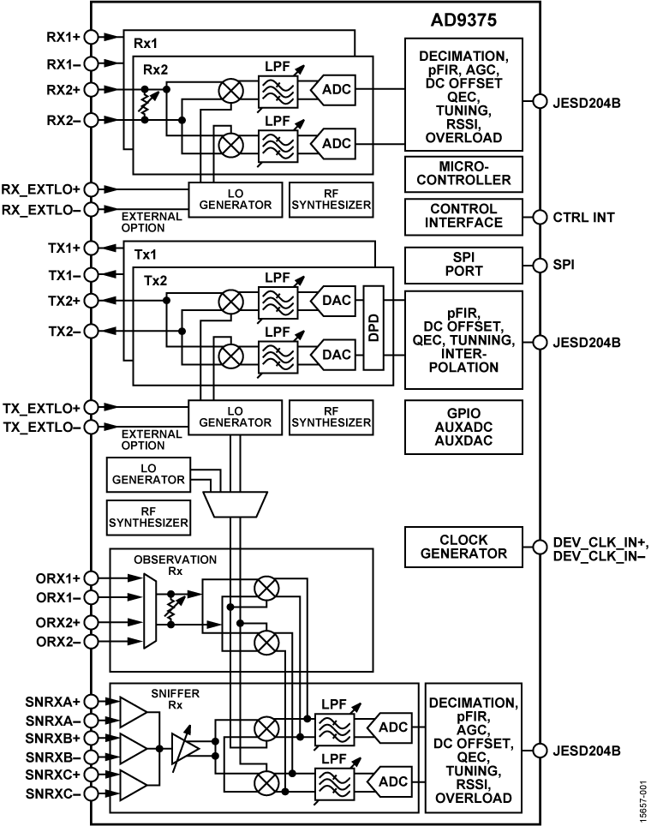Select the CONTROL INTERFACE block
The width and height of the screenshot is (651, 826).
463,216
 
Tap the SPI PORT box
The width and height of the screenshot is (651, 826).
463,264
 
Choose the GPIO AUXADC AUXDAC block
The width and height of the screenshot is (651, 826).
463,427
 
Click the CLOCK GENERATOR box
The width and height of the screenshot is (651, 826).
463,547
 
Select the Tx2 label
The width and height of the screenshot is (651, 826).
155,280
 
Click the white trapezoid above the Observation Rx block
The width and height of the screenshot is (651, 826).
236,504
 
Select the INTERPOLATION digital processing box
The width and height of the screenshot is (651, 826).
463,340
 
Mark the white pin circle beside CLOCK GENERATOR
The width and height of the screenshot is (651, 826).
540,547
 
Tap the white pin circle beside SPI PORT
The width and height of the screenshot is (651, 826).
540,264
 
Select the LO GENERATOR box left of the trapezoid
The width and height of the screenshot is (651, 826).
148,473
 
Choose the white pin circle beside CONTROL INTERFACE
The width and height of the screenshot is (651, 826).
540,217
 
